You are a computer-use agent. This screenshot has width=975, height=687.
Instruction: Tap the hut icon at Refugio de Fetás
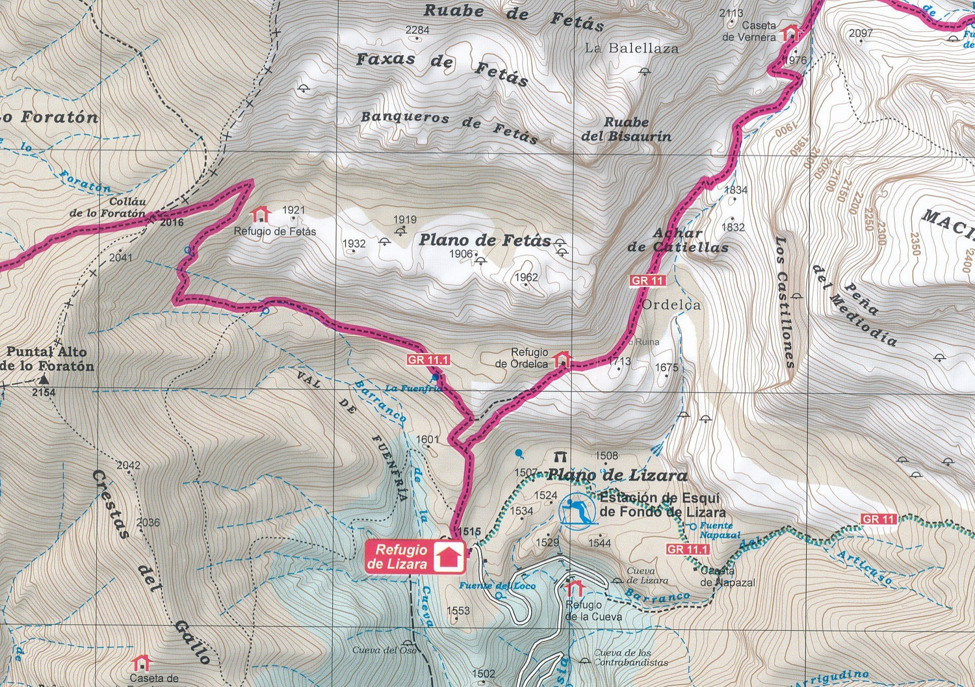[x=261, y=214]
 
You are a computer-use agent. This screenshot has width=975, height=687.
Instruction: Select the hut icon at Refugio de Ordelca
[x=562, y=359]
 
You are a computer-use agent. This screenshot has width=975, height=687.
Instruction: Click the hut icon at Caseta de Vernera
[x=790, y=32]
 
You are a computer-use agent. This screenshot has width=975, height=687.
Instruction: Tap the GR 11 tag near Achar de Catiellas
[x=648, y=281]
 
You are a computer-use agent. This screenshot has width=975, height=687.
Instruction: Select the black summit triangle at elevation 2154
[x=44, y=380]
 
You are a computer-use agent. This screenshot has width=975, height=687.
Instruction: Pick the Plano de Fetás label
[x=484, y=240]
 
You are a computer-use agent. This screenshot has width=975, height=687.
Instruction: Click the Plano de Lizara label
[x=617, y=475]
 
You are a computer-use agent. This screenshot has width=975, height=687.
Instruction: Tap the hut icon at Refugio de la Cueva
[x=574, y=588]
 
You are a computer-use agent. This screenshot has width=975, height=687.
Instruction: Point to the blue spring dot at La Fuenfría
[x=435, y=377]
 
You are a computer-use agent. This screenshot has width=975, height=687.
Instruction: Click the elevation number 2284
[x=417, y=30]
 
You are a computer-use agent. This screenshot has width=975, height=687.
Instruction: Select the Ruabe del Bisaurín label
[x=626, y=129]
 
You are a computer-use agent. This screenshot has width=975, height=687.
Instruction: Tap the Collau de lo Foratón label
[x=108, y=207]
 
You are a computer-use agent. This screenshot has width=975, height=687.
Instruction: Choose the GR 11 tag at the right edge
[x=879, y=519]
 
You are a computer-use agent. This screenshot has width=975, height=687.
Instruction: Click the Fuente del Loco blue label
[x=497, y=586]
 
